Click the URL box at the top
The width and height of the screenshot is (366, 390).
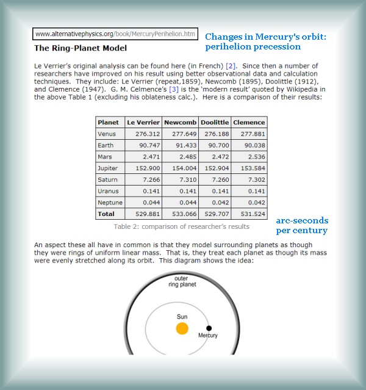click(115, 34)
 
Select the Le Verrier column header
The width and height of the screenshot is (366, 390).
click(143, 123)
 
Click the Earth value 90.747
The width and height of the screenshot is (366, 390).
click(143, 146)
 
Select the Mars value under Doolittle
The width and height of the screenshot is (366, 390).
click(213, 157)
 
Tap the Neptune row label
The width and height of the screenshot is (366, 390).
click(110, 203)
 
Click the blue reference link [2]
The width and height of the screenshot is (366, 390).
click(231, 65)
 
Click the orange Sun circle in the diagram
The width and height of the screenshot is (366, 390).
click(182, 329)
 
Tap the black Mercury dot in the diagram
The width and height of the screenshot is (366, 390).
click(209, 328)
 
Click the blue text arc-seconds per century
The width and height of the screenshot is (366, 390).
click(302, 225)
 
